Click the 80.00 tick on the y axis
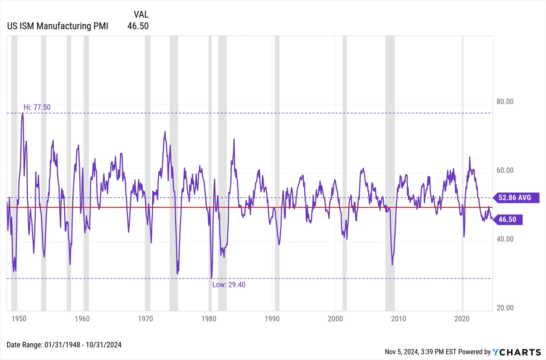[505, 102]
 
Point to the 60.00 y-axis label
[505, 170]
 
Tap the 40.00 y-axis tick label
[505, 239]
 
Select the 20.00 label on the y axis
[505, 308]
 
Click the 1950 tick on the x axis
[19, 319]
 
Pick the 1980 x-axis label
[209, 319]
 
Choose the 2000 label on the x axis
[335, 319]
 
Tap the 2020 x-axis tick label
[462, 319]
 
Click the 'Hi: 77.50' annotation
[37, 107]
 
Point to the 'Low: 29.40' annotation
[229, 285]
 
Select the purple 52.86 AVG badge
[516, 197]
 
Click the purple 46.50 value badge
[508, 219]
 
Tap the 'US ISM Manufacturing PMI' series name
[58, 26]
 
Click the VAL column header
[141, 15]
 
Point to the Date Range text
[64, 345]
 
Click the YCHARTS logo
[517, 352]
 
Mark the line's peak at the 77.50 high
[23, 113]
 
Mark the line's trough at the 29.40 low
[211, 278]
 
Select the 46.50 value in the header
[138, 26]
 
